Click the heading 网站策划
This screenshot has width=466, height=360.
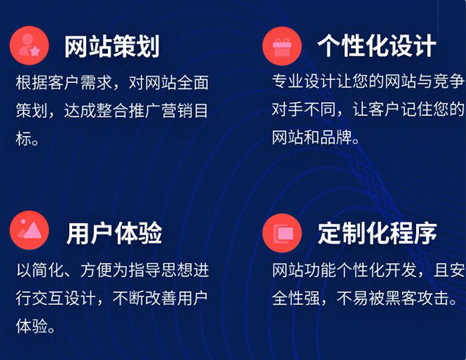click(112, 46)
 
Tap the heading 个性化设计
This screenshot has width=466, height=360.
click(377, 46)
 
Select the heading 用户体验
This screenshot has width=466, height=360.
click(115, 233)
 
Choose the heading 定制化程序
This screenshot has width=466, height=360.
click(377, 233)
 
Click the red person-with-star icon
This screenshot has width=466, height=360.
click(29, 46)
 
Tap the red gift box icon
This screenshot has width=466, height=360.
click(282, 46)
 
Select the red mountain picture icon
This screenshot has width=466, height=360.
click(29, 230)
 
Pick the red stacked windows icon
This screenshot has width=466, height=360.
click(282, 233)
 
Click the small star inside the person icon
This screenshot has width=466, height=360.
click(35, 51)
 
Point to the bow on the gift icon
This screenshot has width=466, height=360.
click(282, 40)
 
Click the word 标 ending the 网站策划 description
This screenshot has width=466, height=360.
click(24, 139)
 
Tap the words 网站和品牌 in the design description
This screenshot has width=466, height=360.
click(312, 137)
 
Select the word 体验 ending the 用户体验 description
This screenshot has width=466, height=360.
click(32, 326)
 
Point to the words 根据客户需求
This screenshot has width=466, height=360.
click(63, 82)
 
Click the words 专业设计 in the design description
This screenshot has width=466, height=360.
click(304, 81)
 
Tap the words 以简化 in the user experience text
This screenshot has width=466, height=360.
click(40, 270)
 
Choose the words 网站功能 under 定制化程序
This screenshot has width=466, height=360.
click(304, 270)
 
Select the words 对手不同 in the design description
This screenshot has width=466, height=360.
click(304, 109)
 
